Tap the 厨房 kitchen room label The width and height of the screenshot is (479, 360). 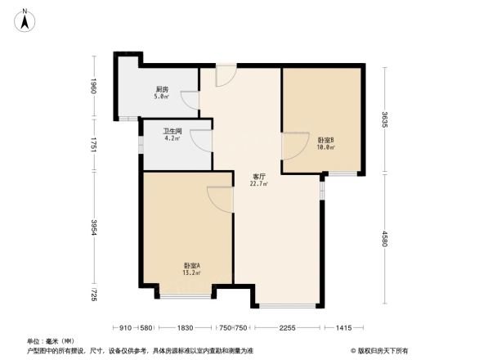point(162,89)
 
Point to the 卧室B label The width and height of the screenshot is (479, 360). point(326,140)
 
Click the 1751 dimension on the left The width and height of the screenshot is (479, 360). point(95,146)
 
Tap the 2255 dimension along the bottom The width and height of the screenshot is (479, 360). point(285,328)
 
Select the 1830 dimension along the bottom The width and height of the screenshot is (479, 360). point(186,328)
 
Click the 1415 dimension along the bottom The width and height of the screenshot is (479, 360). point(344,328)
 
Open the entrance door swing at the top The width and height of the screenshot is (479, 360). point(226,76)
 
